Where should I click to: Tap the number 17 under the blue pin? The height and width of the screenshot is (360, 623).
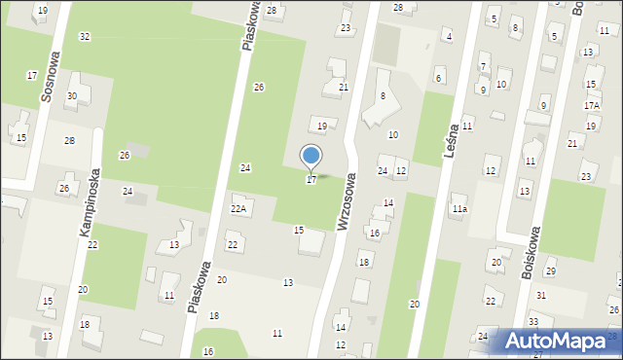click(311, 180)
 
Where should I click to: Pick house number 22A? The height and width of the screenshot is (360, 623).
click(238, 208)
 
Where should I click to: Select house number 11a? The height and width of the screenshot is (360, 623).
click(459, 208)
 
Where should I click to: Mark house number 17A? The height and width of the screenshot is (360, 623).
click(592, 105)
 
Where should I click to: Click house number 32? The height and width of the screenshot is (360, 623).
click(85, 36)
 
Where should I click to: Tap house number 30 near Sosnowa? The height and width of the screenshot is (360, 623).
click(72, 96)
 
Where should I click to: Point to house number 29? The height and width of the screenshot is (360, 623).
click(550, 271)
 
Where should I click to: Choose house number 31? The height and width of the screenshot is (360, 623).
click(540, 295)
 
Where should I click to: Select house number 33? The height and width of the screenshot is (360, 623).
click(533, 322)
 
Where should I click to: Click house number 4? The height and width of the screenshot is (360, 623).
click(448, 37)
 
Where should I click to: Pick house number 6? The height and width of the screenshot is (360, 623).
click(438, 79)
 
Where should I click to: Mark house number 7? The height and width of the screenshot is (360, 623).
click(483, 67)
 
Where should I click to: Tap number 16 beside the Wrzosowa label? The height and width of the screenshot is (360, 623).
click(374, 234)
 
